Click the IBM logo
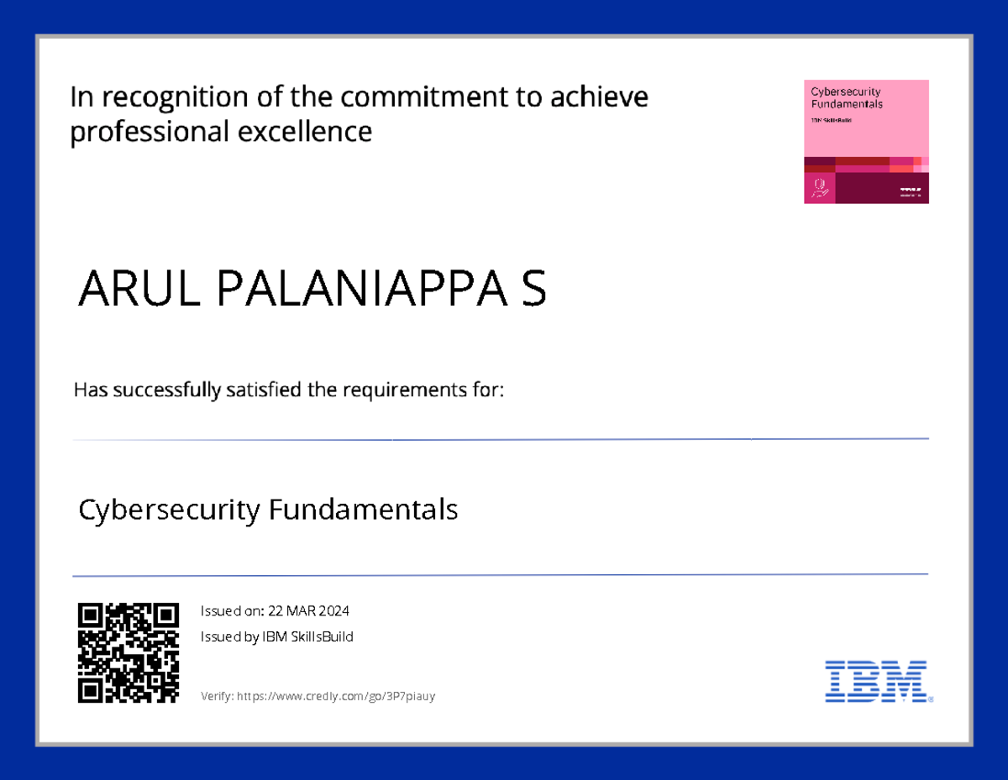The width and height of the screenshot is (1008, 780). pyautogui.click(x=877, y=681)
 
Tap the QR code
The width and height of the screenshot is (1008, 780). pyautogui.click(x=129, y=652)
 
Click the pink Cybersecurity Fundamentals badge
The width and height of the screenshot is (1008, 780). pyautogui.click(x=866, y=141)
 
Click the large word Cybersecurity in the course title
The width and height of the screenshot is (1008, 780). pyautogui.click(x=169, y=510)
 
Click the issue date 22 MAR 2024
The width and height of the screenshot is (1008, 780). pyautogui.click(x=309, y=611)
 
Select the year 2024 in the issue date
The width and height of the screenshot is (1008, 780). pyautogui.click(x=333, y=611)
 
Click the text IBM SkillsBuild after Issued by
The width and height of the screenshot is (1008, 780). pyautogui.click(x=308, y=637)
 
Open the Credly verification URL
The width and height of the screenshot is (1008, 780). pyautogui.click(x=337, y=697)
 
